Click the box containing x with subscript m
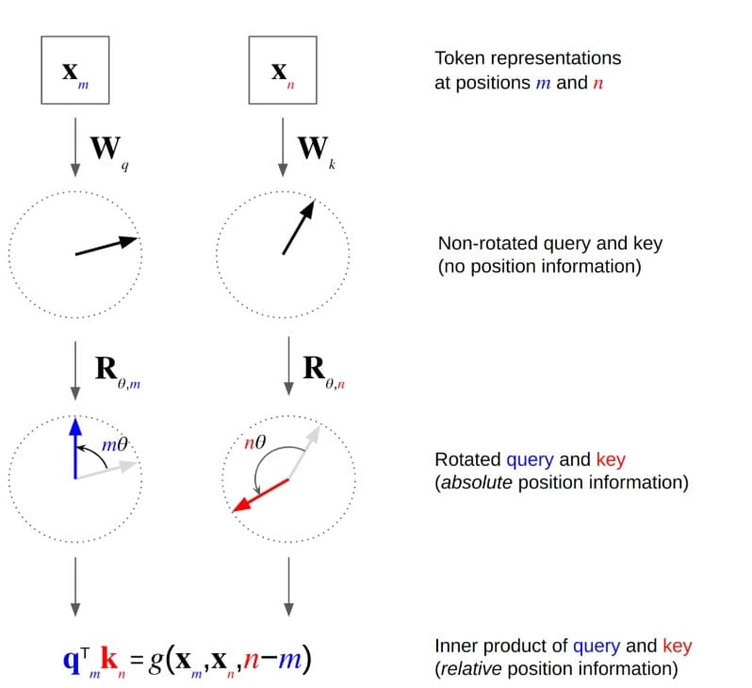[74, 72]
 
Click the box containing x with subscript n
[281, 72]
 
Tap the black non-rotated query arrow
[106, 247]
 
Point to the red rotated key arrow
[260, 495]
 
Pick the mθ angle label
[114, 442]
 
